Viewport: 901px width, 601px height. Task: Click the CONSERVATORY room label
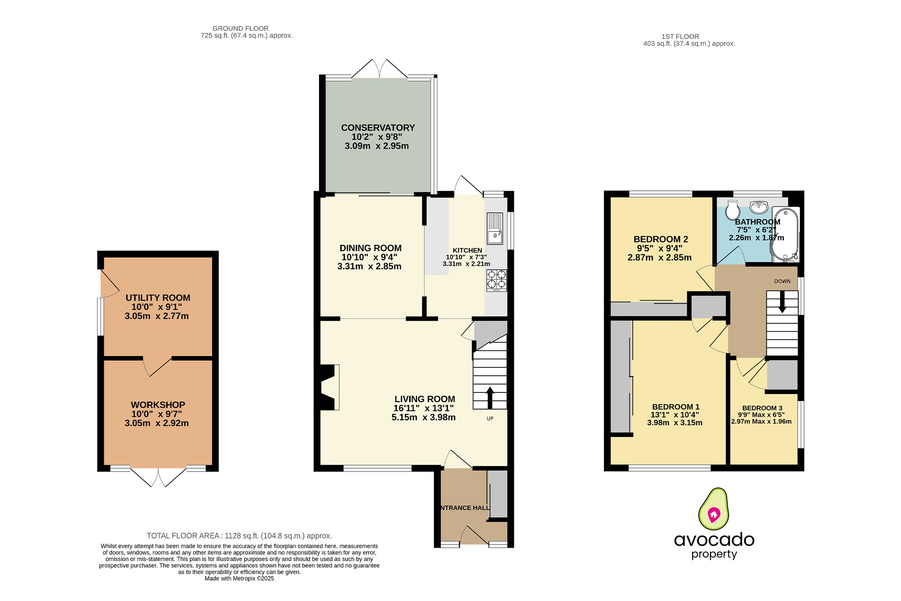[378, 128]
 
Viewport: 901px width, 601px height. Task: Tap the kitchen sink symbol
[495, 228]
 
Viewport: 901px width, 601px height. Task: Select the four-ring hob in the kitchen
[496, 280]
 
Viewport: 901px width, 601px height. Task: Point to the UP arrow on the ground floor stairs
[490, 397]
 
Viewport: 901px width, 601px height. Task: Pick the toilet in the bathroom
[733, 210]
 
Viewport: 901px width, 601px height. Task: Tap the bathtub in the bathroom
[785, 235]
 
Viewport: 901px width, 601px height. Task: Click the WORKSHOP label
[158, 405]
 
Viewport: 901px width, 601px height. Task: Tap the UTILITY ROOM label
[158, 298]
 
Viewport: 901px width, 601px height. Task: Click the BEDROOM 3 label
[762, 408]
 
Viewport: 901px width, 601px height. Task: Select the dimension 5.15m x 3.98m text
[423, 418]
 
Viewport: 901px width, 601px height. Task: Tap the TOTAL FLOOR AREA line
[239, 536]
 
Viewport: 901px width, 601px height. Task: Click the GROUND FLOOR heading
[240, 28]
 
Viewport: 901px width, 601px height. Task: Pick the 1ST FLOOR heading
[680, 37]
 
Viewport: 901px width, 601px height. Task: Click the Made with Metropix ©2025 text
[239, 579]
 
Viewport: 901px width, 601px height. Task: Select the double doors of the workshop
[158, 478]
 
